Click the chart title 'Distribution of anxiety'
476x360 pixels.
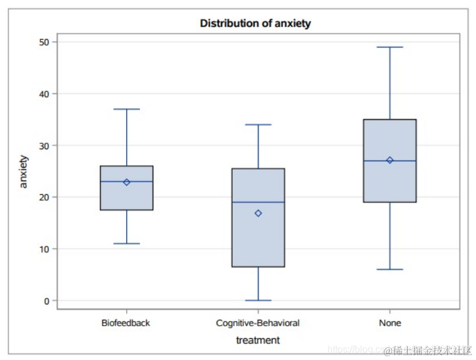[x=255, y=24]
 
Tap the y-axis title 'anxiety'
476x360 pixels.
[x=24, y=172]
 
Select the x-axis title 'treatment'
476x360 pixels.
[x=258, y=340]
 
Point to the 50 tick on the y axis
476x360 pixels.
[x=44, y=42]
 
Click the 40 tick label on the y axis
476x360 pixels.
[x=44, y=94]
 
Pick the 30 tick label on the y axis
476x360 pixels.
[x=44, y=146]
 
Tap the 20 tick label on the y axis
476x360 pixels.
[x=44, y=197]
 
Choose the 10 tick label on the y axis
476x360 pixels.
[x=44, y=249]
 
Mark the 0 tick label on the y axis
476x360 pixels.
[x=47, y=301]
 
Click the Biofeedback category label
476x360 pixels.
[x=126, y=323]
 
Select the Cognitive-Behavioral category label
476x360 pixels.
[x=258, y=323]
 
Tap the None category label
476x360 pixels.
[x=390, y=323]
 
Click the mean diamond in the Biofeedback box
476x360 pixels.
[x=127, y=182]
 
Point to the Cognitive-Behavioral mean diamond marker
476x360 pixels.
[x=258, y=213]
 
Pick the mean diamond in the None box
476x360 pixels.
[x=390, y=160]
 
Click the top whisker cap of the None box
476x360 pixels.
[x=390, y=47]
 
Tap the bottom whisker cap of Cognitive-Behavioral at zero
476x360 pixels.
[x=258, y=300]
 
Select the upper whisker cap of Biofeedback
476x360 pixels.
[x=127, y=109]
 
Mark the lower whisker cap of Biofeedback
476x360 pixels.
[x=127, y=243]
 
